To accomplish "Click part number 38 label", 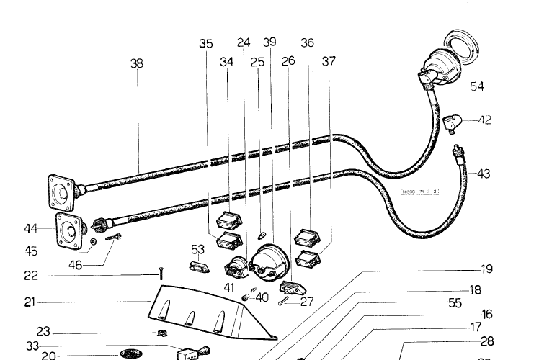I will pos(136,63).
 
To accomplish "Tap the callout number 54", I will pos(477,86).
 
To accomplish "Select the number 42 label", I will pos(484,120).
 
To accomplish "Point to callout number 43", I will pos(484,174).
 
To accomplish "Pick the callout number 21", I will pos(30,303).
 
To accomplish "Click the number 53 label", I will pos(197,249).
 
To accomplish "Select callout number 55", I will pos(455,303).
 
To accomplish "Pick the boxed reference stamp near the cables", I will pos(419,192).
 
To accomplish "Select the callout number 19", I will pos(487,269).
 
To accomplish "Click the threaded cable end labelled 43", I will pos(455,152).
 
